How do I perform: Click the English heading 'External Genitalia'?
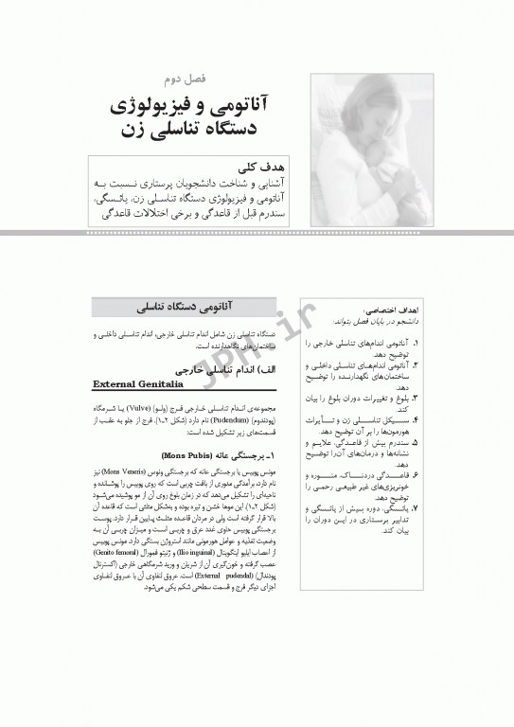click(x=137, y=384)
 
